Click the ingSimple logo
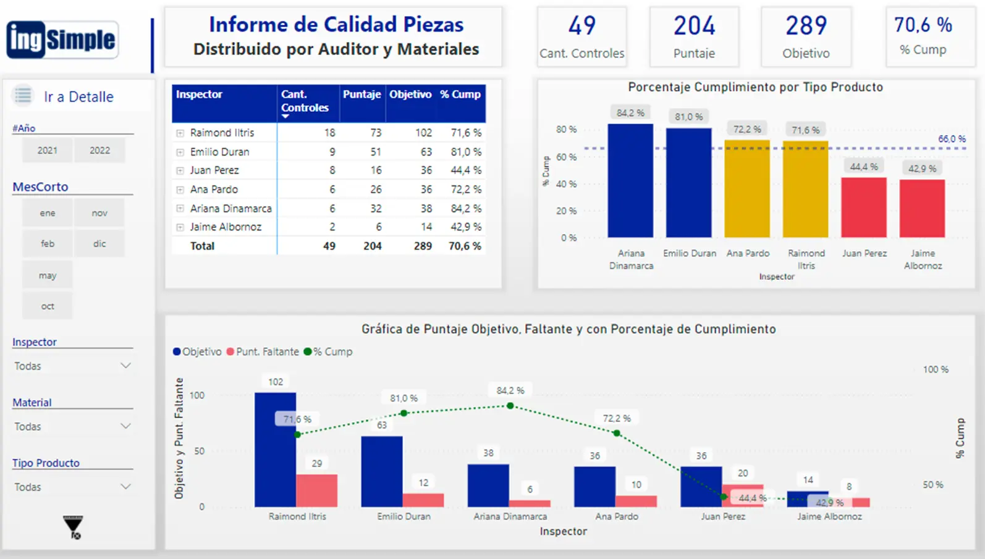pos(62,40)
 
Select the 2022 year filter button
pos(99,150)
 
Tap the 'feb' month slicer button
pos(48,243)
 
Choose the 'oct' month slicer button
pos(48,306)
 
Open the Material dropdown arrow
pos(125,426)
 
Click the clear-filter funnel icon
pos(73,527)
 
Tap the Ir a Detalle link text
pos(78,97)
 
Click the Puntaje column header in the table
pos(361,95)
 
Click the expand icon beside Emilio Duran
pos(180,152)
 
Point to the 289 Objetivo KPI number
pos(806,26)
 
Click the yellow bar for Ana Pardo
pos(747,189)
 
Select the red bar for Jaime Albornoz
pos(922,208)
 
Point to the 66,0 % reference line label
pos(951,139)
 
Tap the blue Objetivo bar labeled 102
pos(275,450)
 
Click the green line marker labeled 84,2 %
pos(510,406)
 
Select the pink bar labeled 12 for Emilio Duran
pos(423,500)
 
